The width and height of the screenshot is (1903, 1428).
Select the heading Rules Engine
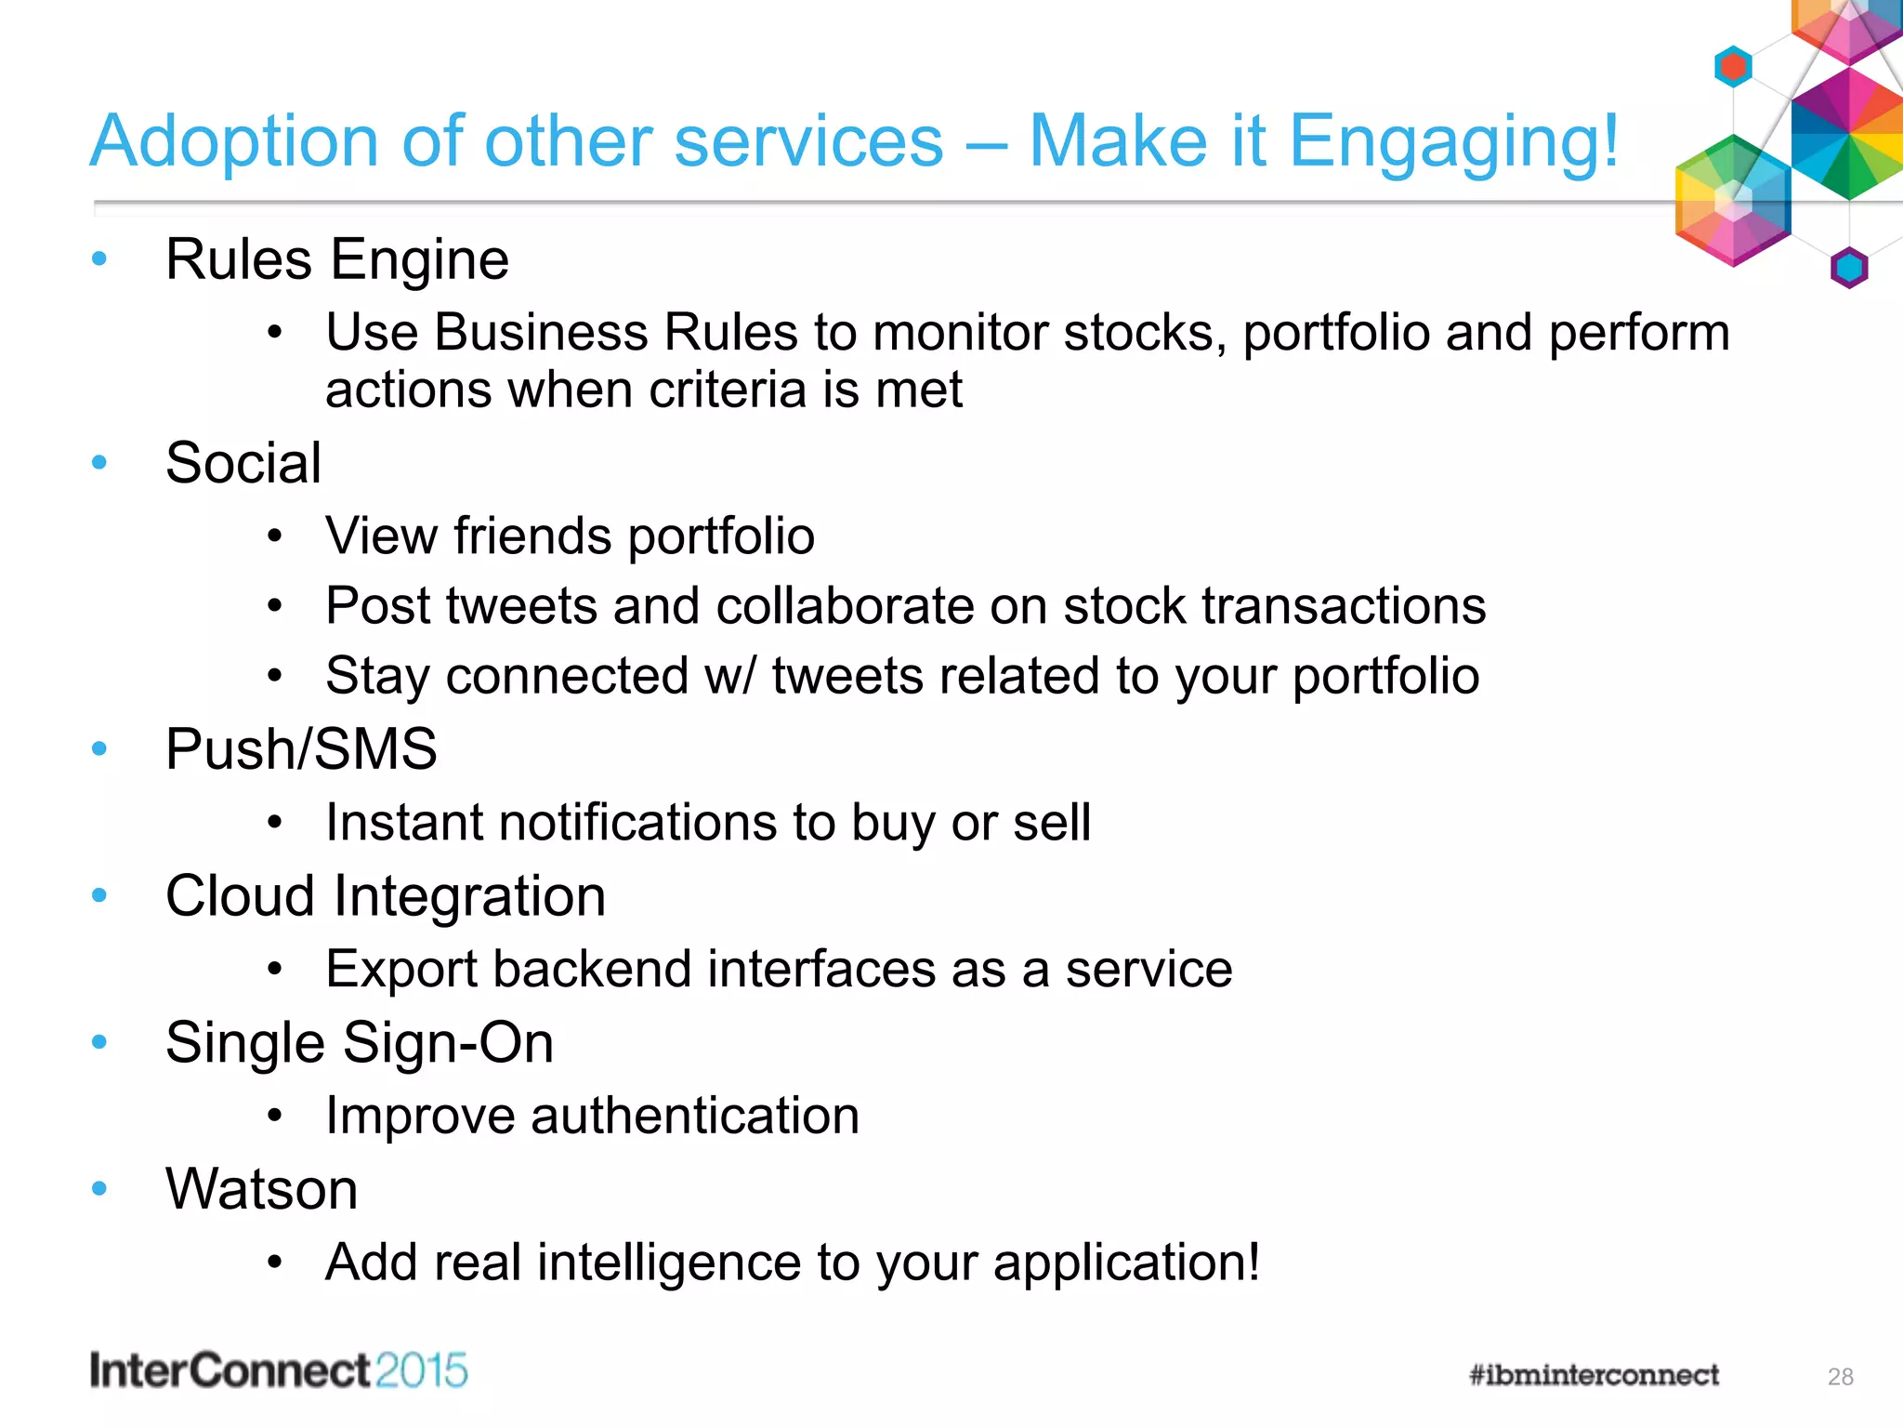336,259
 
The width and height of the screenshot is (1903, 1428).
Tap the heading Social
243,463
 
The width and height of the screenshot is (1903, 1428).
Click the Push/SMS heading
301,749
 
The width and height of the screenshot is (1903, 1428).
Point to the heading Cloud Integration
386,896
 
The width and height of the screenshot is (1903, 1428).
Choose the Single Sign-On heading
360,1043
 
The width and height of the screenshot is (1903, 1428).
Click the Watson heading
262,1189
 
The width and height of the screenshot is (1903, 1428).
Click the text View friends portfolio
570,536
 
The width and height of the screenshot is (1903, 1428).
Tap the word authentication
694,1116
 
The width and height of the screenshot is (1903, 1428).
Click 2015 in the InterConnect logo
422,1371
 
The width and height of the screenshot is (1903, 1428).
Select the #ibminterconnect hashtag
1594,1375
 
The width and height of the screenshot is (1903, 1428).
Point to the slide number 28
1840,1377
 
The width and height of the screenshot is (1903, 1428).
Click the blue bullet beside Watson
99,1188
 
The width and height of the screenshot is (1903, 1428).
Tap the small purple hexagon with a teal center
1848,269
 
